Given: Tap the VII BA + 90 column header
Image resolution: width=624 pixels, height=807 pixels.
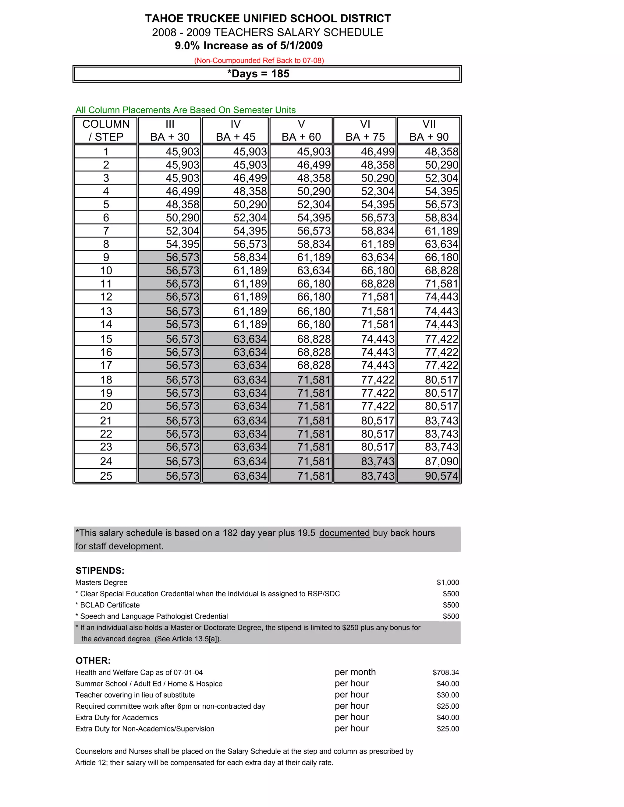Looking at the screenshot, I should (x=429, y=130).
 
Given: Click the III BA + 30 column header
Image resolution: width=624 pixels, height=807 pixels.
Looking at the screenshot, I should (x=170, y=130).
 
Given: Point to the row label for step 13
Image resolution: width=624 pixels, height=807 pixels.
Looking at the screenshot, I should (x=106, y=311).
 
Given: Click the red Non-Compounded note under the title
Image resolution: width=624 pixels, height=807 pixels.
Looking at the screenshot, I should (x=259, y=60).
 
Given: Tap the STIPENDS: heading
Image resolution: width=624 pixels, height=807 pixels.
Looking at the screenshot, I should (x=100, y=570).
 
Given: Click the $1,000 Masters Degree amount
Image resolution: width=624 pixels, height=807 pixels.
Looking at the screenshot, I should (x=448, y=583).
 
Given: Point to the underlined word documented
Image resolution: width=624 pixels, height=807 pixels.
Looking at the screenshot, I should (x=345, y=533).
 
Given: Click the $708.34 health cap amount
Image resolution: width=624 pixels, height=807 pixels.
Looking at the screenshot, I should (x=446, y=672).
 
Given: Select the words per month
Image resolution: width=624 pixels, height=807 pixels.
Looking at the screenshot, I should (x=355, y=672).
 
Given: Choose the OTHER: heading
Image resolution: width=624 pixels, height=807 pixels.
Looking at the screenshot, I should (x=93, y=661).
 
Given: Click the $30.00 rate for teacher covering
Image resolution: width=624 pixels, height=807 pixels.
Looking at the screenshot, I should (x=448, y=695).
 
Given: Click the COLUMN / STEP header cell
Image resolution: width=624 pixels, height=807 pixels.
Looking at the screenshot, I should (x=106, y=130).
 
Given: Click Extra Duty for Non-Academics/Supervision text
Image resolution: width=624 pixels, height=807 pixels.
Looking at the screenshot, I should (x=145, y=729).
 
